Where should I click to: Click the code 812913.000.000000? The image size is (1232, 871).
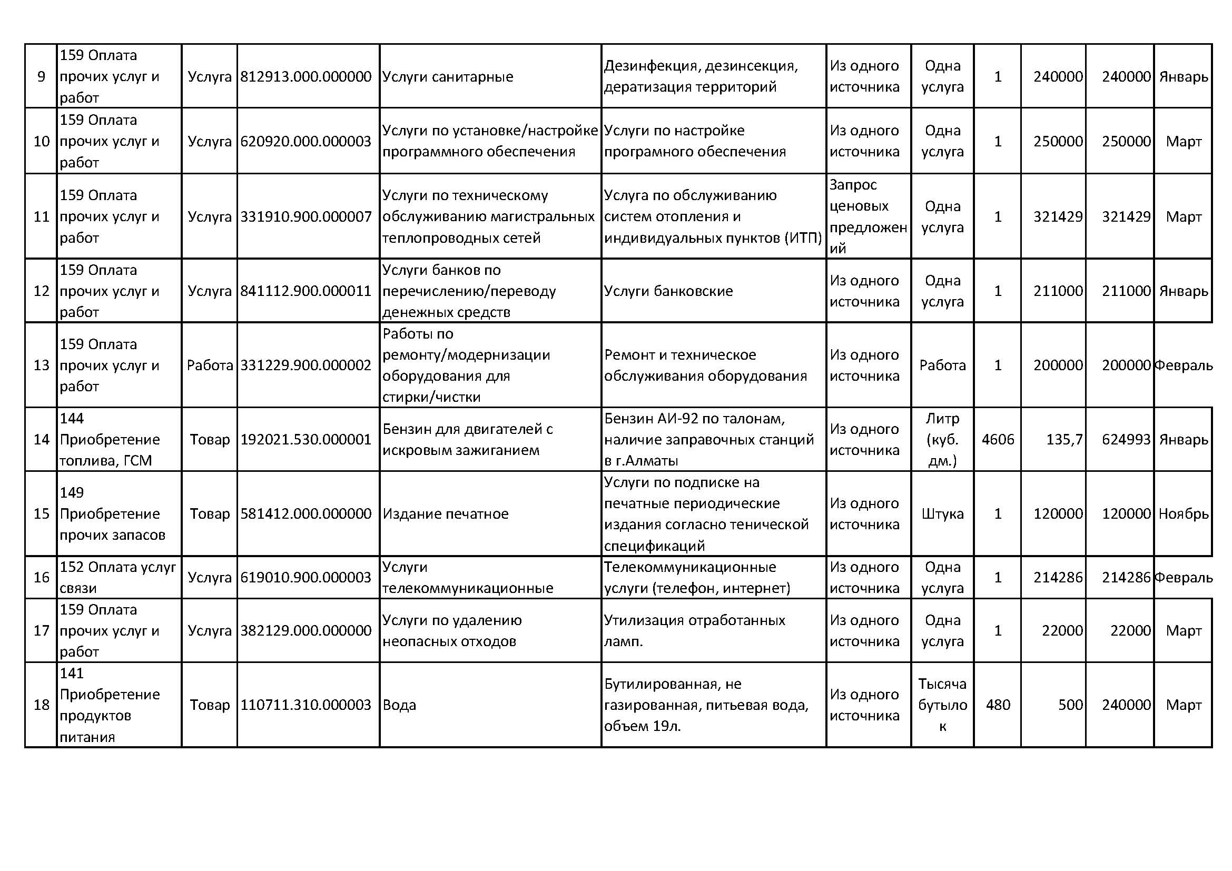click(x=305, y=77)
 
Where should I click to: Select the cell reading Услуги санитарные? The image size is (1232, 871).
click(x=448, y=77)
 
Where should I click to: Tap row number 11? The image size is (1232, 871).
click(x=41, y=216)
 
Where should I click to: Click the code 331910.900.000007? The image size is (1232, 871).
click(x=305, y=216)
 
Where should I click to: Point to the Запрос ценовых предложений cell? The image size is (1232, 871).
click(x=868, y=216)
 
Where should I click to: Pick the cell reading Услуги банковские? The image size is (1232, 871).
click(x=668, y=291)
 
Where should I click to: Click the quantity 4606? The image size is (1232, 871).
click(x=998, y=440)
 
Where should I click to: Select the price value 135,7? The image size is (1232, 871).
click(x=1064, y=440)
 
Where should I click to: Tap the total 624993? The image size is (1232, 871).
click(x=1126, y=440)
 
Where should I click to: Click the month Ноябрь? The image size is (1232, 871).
click(x=1183, y=514)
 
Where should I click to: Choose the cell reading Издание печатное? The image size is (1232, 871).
click(x=446, y=514)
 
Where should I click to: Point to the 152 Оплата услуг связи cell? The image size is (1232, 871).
click(x=117, y=578)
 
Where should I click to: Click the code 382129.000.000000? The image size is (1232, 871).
click(x=305, y=631)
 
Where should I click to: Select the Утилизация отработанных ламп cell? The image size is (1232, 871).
click(x=694, y=631)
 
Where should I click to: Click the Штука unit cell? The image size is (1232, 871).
click(x=942, y=514)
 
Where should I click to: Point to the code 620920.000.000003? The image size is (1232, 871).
click(x=305, y=142)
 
